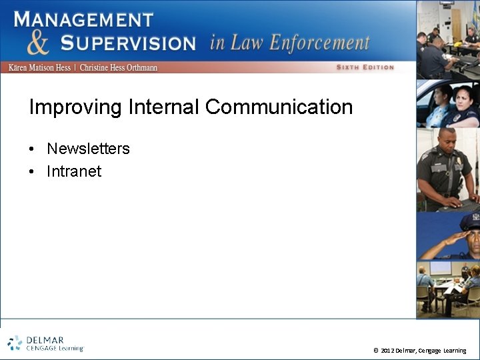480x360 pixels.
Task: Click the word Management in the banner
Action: click(84, 19)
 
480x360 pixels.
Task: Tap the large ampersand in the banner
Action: click(38, 43)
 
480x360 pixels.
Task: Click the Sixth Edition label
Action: click(365, 67)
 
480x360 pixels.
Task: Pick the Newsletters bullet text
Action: click(88, 149)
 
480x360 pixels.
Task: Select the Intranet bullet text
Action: click(74, 171)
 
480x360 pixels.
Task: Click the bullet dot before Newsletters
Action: click(32, 149)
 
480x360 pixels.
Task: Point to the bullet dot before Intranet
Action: click(32, 171)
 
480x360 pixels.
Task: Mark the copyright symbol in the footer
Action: click(376, 351)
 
